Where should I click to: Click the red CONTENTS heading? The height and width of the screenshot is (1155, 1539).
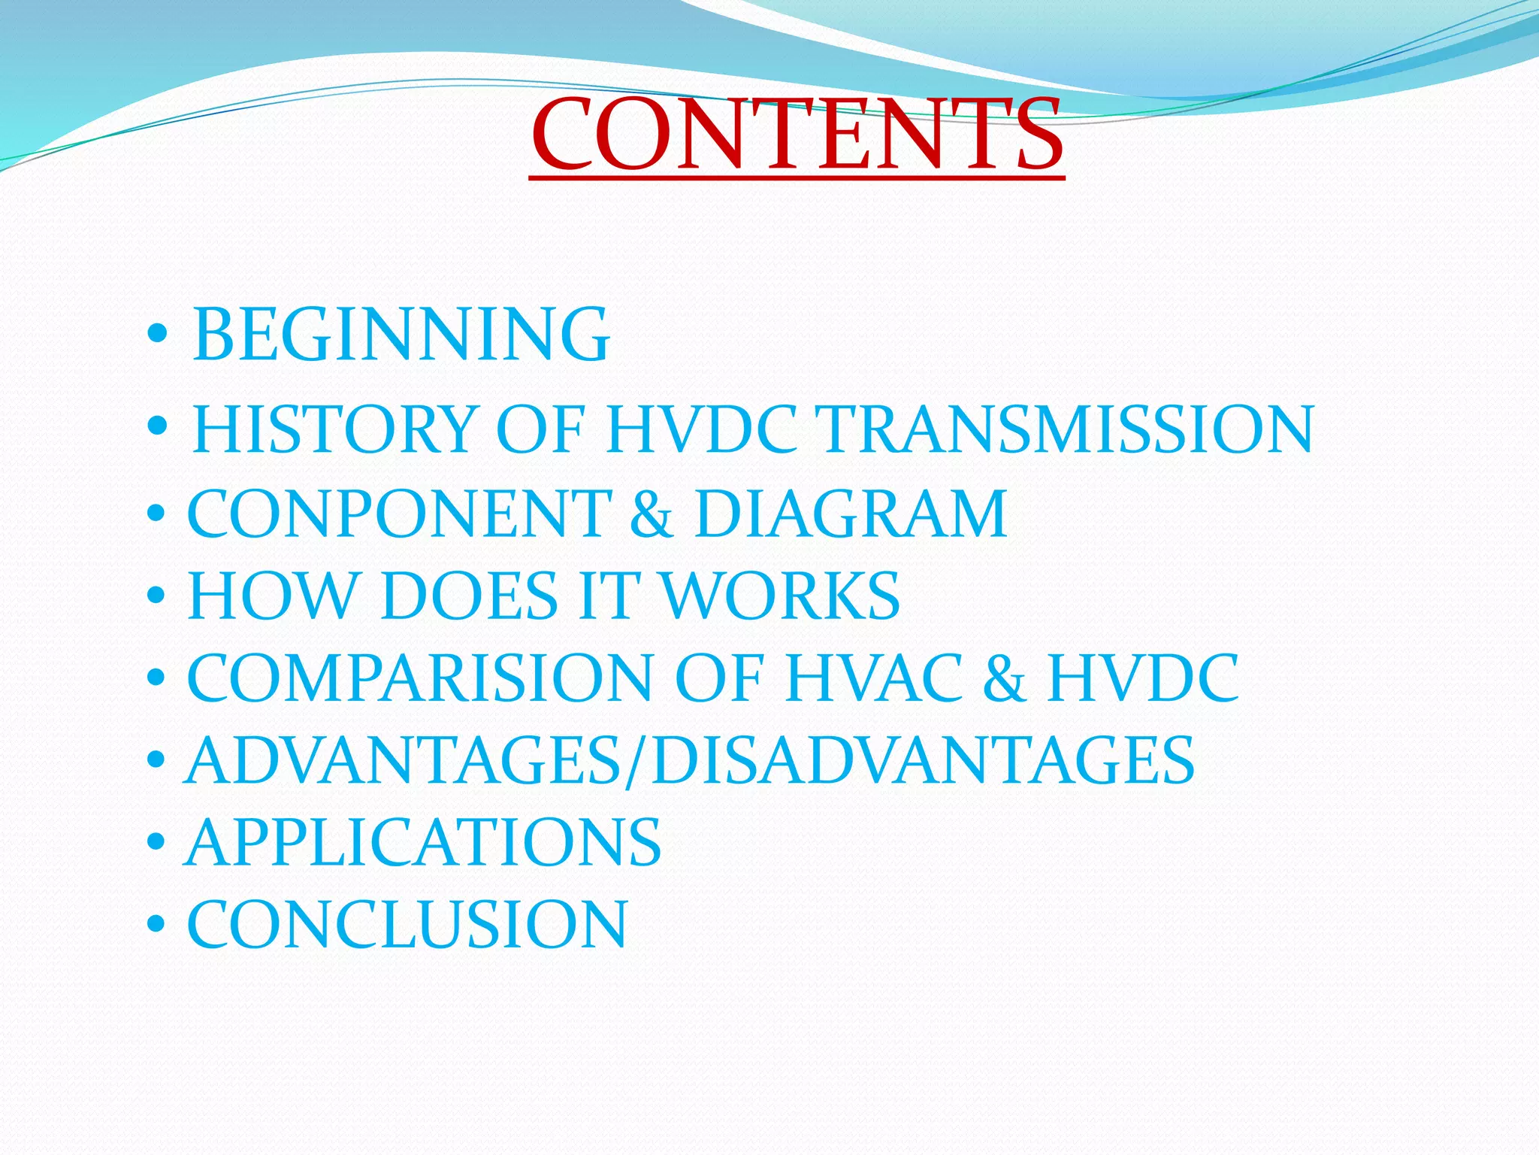point(797,135)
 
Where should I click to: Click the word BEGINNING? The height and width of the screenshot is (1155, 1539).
point(401,334)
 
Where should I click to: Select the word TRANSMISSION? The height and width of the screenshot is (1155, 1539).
point(1068,429)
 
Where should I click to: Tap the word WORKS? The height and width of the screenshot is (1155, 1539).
point(781,596)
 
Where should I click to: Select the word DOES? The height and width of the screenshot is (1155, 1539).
point(470,596)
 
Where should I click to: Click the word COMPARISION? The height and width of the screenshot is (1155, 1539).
point(419,678)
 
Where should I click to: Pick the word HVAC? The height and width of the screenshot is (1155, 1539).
point(873,678)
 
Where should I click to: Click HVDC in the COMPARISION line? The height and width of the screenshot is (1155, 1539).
point(1143,678)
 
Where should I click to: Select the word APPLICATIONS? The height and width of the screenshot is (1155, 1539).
point(423,843)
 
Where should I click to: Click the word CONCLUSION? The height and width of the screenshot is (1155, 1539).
point(407,925)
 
